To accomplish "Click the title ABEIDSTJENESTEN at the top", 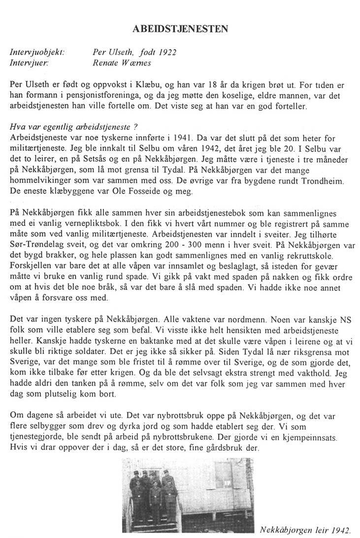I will tap(181, 29).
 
